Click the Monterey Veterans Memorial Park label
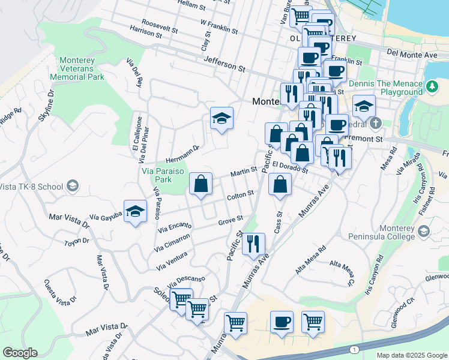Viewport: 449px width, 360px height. (82, 68)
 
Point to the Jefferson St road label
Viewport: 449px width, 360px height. (225, 64)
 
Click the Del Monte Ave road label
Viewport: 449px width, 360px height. (412, 54)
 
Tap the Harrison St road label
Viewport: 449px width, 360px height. (146, 32)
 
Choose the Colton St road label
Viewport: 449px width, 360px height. (241, 194)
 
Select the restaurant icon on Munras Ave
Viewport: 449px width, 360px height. (253, 244)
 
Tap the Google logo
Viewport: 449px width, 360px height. (20, 353)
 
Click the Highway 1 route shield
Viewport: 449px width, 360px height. (355, 349)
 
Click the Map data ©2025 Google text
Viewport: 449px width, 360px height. (411, 355)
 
